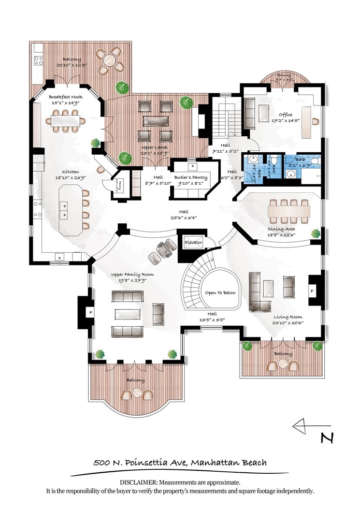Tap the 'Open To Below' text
pos(220,292)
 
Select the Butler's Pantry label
pos(191,177)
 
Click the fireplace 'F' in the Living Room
pos(312,291)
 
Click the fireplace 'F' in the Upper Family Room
pos(90,313)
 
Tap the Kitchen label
pos(70,172)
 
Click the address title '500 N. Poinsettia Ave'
pos(140,463)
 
